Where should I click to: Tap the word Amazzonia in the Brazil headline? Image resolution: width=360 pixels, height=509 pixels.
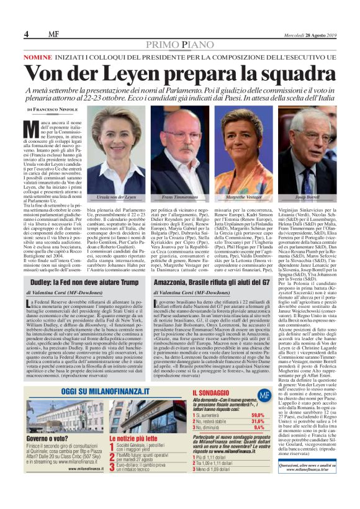click(178, 281)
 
